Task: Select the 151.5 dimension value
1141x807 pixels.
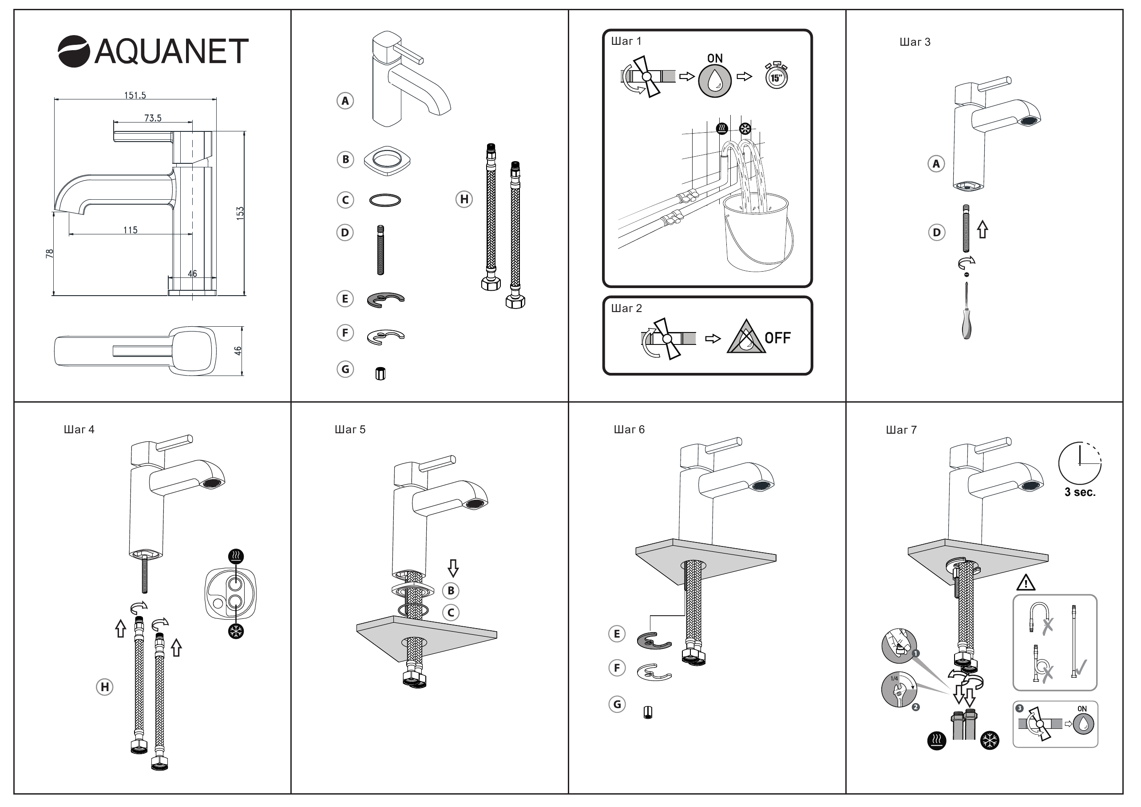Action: click(x=135, y=95)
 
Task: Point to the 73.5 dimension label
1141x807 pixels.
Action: click(x=153, y=118)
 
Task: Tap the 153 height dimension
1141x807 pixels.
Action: click(x=240, y=213)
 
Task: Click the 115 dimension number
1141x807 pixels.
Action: click(x=130, y=230)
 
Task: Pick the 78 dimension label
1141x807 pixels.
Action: click(x=50, y=253)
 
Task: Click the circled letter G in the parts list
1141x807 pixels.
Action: click(x=345, y=369)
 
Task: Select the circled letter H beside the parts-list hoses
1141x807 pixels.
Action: click(x=464, y=199)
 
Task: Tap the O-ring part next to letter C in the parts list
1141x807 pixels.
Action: click(x=385, y=200)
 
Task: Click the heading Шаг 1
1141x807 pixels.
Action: click(x=626, y=41)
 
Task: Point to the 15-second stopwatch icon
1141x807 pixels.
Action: click(x=776, y=76)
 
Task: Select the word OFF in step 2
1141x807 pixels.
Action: click(x=778, y=338)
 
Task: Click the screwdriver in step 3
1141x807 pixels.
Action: click(x=967, y=311)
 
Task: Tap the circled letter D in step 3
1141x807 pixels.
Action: click(x=937, y=232)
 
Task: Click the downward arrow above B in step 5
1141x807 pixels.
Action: click(x=453, y=568)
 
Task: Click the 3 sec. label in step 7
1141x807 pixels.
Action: click(x=1080, y=492)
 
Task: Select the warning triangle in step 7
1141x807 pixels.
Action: click(x=1026, y=582)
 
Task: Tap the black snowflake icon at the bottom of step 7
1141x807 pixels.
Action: click(x=990, y=740)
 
